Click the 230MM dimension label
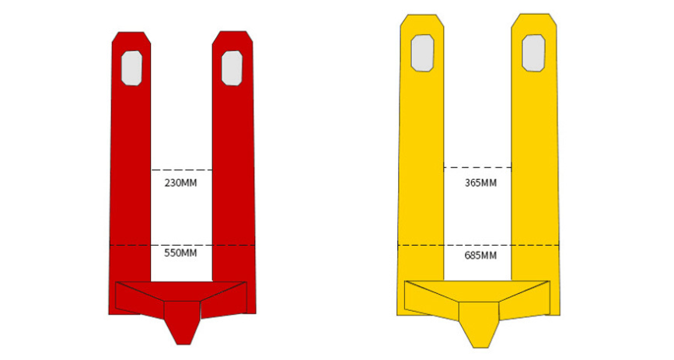[180, 183]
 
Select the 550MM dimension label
[180, 253]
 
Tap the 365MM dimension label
[480, 183]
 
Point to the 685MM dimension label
[480, 256]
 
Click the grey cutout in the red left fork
[131, 68]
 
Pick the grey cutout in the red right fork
[232, 68]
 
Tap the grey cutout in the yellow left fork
[423, 53]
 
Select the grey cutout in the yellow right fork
[533, 54]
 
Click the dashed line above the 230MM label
[181, 170]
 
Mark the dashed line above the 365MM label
[477, 167]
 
